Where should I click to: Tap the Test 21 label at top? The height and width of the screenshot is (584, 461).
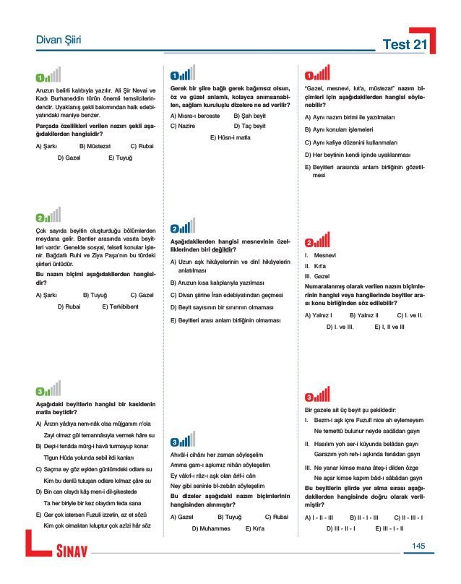[406, 45]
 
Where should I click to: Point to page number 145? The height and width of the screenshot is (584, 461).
[418, 546]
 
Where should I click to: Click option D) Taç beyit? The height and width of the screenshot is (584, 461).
[253, 126]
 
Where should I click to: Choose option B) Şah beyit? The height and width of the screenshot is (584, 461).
[252, 115]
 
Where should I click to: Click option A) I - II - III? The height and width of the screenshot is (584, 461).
[319, 518]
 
